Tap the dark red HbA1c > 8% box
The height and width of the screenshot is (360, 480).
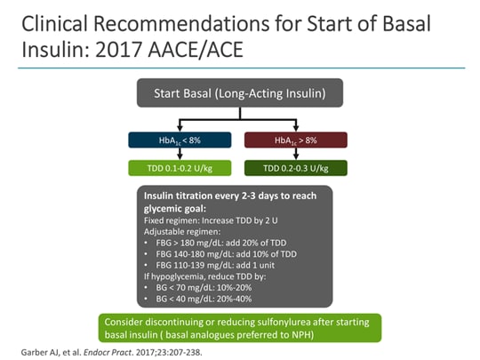tap(296, 140)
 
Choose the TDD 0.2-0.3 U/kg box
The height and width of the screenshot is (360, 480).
tap(296, 167)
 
